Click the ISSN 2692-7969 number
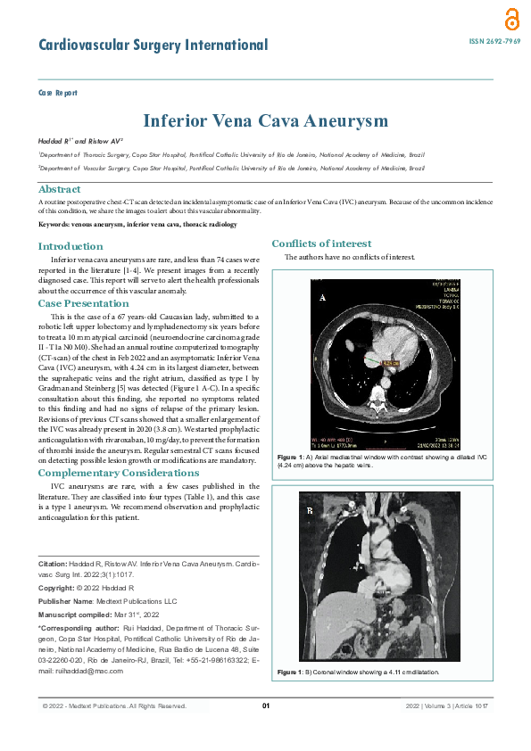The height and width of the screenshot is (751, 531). click(x=494, y=42)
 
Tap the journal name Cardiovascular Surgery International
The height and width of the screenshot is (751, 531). click(x=153, y=45)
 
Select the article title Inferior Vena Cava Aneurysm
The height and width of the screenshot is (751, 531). click(x=265, y=120)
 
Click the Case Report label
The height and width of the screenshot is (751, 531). click(x=57, y=93)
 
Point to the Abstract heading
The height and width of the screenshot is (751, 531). click(x=59, y=189)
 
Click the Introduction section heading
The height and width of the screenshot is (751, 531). click(x=71, y=246)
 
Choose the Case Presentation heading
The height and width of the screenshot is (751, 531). click(x=83, y=303)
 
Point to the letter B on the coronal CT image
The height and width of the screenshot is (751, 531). click(x=310, y=511)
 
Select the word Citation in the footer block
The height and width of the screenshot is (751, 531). click(x=54, y=565)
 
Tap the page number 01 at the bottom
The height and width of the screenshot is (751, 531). click(x=265, y=706)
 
